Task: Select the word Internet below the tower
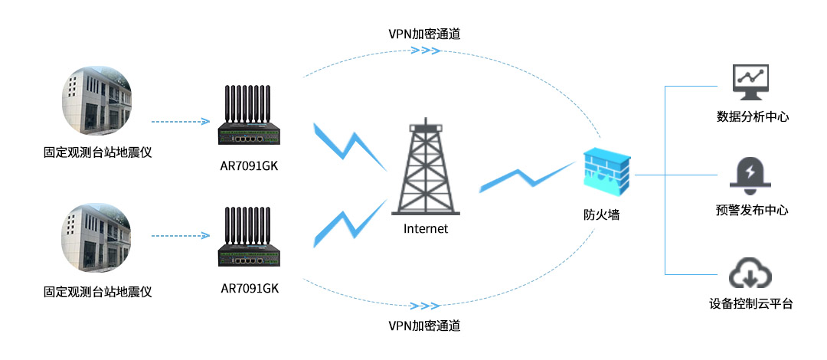pos(426,228)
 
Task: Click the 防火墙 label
pos(601,215)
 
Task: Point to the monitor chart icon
pos(750,83)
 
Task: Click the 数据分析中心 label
pos(752,117)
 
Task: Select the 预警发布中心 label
pos(752,210)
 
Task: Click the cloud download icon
pos(750,273)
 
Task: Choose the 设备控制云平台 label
pos(751,304)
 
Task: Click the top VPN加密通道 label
pos(424,34)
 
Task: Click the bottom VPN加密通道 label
pos(424,326)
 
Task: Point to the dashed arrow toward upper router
pos(180,121)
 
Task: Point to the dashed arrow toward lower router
pos(180,236)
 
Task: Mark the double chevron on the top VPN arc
pos(426,51)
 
